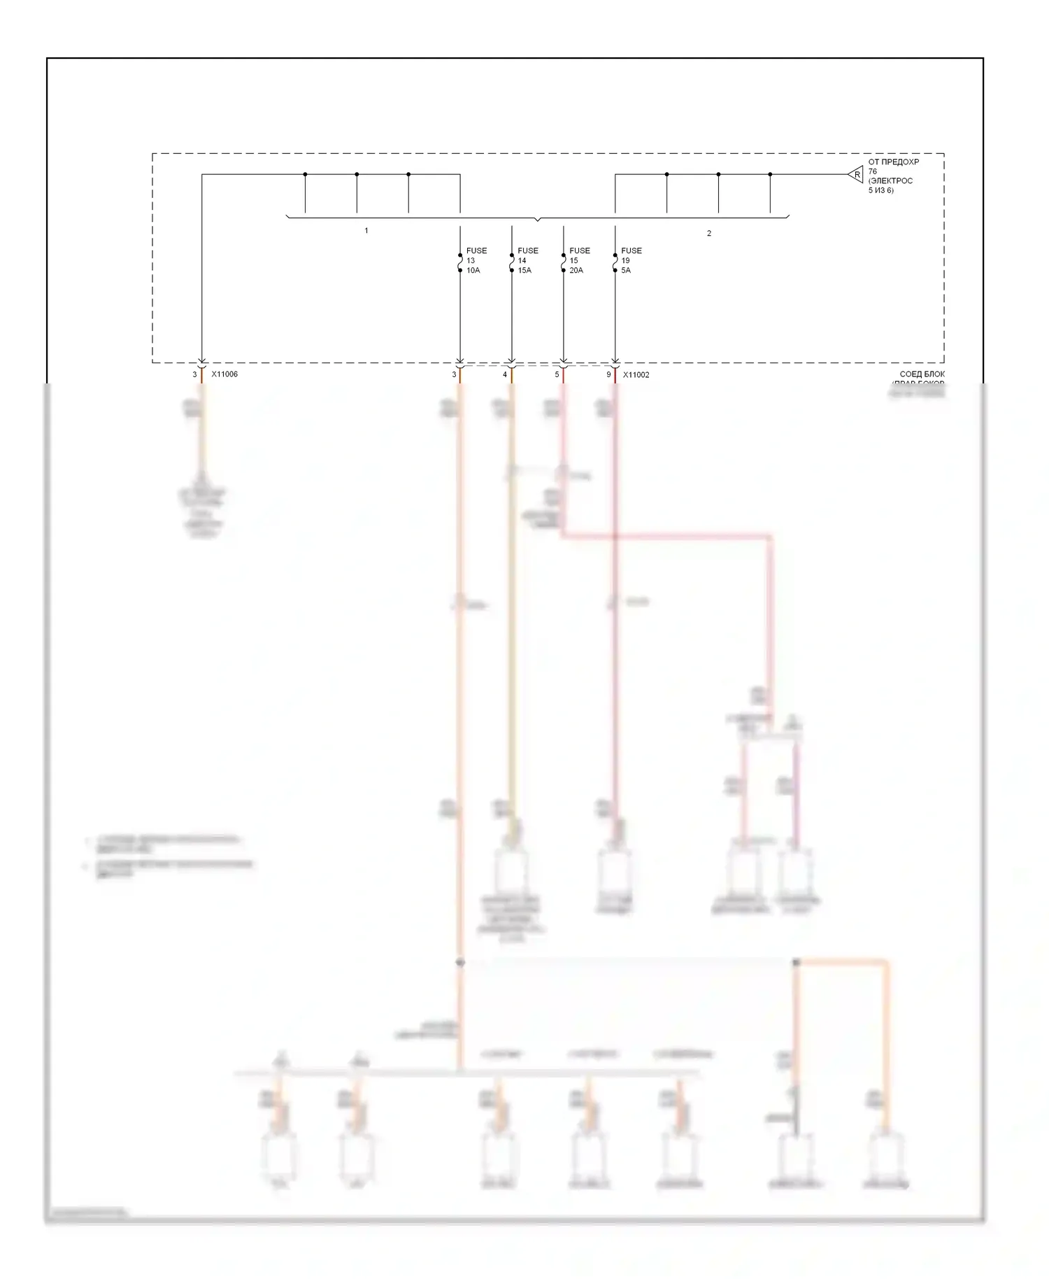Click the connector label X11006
224,374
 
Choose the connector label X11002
636,375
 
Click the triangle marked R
856,175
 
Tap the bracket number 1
366,231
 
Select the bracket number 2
708,234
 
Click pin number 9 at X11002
608,375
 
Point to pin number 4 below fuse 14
505,375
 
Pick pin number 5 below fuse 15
557,375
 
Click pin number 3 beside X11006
194,375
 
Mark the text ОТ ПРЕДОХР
893,162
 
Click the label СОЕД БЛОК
922,375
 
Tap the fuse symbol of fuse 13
460,263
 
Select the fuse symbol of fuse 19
615,263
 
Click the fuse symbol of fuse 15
564,263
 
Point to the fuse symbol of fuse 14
512,263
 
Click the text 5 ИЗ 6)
880,190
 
